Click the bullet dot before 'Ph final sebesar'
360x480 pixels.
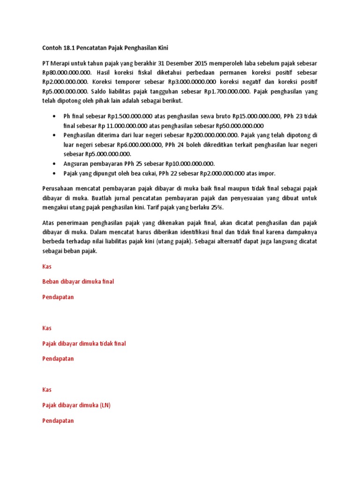[x=55, y=116]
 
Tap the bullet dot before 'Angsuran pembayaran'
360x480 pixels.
[x=55, y=164]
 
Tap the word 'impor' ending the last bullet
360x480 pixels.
[x=268, y=173]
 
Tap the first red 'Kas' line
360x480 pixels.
[x=47, y=266]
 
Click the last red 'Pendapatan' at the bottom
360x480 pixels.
[x=58, y=421]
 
